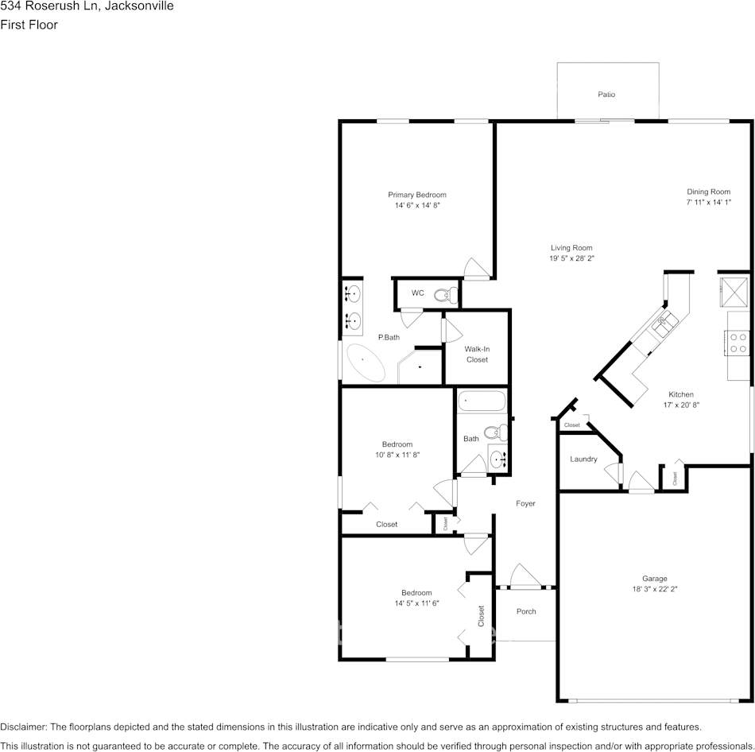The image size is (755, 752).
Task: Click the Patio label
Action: (x=606, y=95)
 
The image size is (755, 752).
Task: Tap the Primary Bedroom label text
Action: (x=416, y=195)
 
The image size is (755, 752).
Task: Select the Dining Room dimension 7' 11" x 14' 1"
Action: (x=708, y=203)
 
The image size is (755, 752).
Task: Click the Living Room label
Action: (x=571, y=248)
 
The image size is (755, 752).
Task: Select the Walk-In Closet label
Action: (x=477, y=355)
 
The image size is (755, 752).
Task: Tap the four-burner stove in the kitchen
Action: (x=738, y=343)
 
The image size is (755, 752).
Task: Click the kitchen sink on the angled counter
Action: (x=664, y=321)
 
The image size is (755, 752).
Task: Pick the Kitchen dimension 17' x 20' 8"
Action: (x=680, y=405)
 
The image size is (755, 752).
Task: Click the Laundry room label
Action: (x=583, y=459)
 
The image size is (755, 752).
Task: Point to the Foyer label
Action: (x=525, y=503)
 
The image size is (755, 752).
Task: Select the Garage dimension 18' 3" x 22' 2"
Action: (x=655, y=589)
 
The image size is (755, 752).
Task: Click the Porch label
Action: (x=526, y=611)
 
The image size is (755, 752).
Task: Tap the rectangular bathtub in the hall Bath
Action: (x=482, y=401)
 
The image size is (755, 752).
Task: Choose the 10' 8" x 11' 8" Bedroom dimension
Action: (x=397, y=455)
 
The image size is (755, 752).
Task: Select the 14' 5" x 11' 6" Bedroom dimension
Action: (x=416, y=603)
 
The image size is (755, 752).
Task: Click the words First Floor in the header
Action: (x=29, y=25)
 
